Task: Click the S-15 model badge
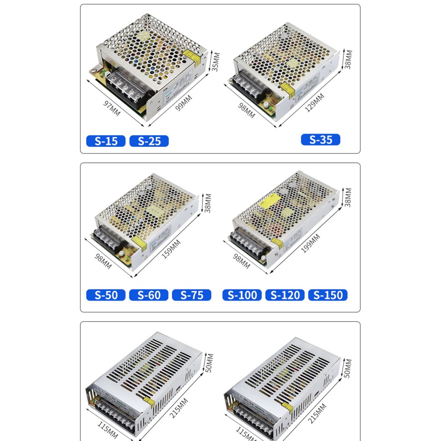[x=106, y=141]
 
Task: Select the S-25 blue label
[x=149, y=141]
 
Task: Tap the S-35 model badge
[x=320, y=140]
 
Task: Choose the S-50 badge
[x=106, y=295]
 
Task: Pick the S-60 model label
[x=149, y=295]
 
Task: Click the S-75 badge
[x=192, y=295]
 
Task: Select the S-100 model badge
[x=242, y=295]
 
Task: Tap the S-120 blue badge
[x=285, y=295]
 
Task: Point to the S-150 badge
[x=328, y=295]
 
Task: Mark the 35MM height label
[x=216, y=62]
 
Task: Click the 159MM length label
[x=171, y=249]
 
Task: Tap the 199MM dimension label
[x=311, y=243]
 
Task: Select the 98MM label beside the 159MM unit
[x=102, y=261]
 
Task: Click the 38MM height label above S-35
[x=348, y=59]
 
